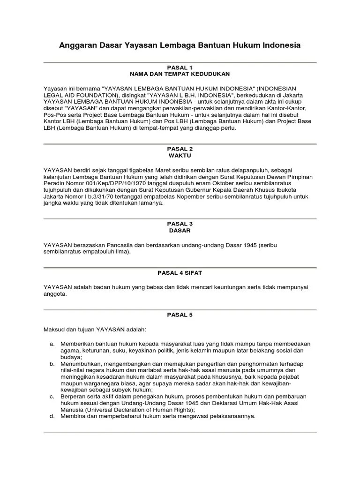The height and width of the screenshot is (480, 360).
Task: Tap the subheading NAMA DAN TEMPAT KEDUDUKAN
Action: [180, 74]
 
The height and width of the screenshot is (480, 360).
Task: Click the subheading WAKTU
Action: [180, 155]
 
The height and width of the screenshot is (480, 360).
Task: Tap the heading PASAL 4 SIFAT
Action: [180, 272]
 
